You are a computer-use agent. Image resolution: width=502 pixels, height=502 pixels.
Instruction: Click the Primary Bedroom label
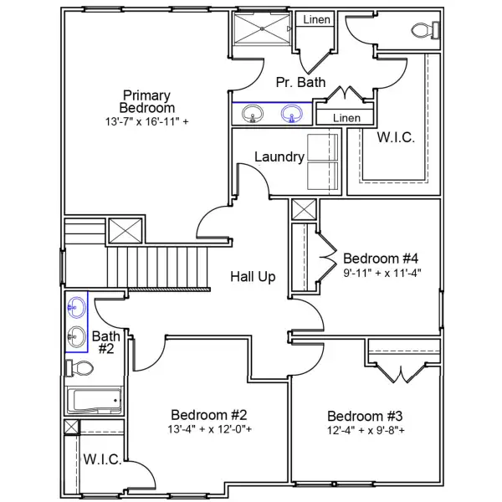147,101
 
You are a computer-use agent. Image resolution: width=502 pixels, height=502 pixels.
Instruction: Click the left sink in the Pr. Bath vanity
248,112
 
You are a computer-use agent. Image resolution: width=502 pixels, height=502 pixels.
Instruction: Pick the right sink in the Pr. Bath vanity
292,112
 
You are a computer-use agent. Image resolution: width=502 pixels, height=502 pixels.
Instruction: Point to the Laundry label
279,156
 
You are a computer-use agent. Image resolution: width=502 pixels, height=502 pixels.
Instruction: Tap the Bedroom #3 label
366,417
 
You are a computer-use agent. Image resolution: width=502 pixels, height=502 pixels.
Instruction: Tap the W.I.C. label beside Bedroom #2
102,460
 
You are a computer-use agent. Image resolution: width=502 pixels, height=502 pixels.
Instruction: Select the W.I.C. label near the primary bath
396,138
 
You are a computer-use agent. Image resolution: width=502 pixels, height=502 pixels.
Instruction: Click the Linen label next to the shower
315,19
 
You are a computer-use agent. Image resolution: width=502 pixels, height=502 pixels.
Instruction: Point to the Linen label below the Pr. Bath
346,118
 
